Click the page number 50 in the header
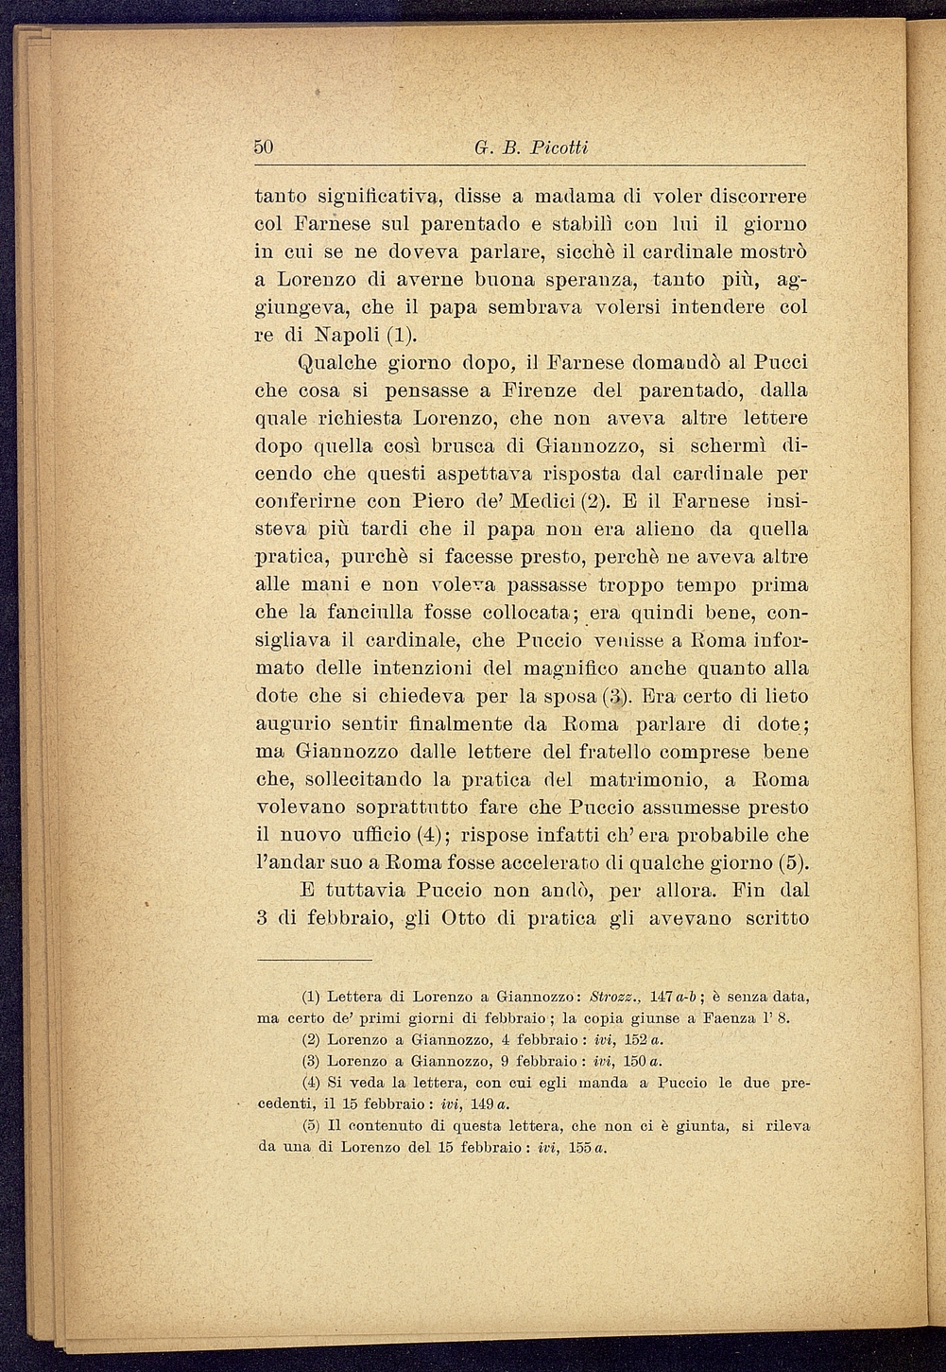click(x=264, y=148)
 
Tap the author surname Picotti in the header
click(x=559, y=148)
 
